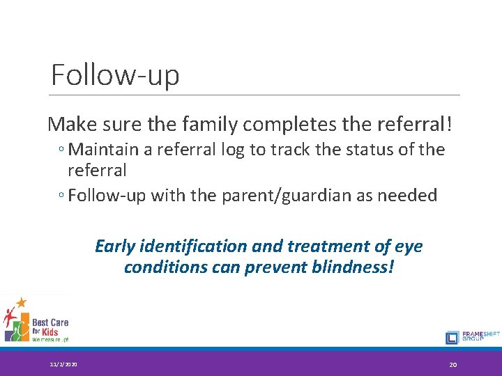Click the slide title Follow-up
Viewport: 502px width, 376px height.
point(115,75)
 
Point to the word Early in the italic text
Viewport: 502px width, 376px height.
point(115,246)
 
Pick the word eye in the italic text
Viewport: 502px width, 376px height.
point(409,246)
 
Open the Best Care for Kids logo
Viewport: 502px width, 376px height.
point(36,320)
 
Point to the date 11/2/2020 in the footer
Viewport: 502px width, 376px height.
point(63,365)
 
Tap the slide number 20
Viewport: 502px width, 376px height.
point(452,365)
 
